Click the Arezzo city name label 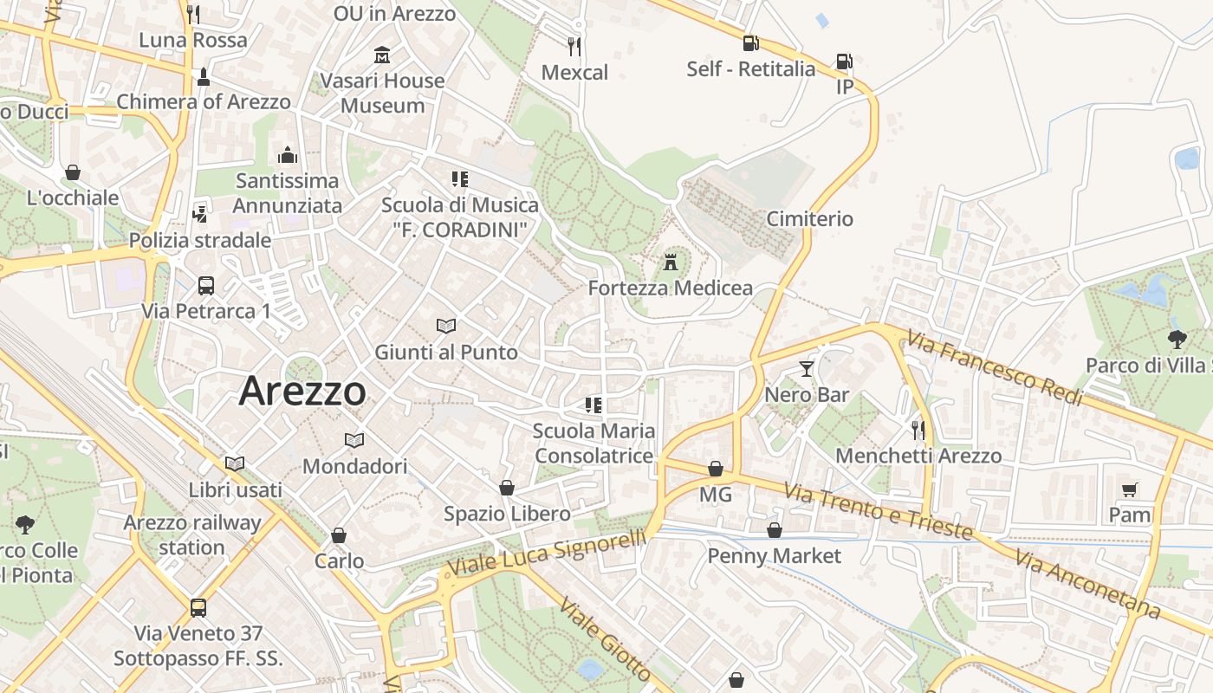pos(302,391)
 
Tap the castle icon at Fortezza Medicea pos(670,262)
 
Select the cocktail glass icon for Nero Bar pos(807,369)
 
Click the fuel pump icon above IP pos(844,62)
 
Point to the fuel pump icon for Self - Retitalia pos(750,42)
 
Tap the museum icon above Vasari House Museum pos(381,55)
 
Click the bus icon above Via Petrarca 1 pos(206,285)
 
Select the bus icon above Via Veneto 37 pos(198,607)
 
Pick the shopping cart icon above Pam pos(1129,489)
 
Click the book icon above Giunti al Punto pos(446,326)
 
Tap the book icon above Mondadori pos(354,440)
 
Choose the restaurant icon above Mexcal pos(574,46)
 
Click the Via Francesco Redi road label pos(995,369)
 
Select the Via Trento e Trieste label pos(878,511)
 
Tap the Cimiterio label pos(810,219)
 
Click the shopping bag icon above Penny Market pos(774,530)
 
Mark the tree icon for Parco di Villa pos(1177,339)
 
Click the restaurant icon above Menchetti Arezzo pos(918,430)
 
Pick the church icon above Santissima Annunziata pos(288,155)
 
